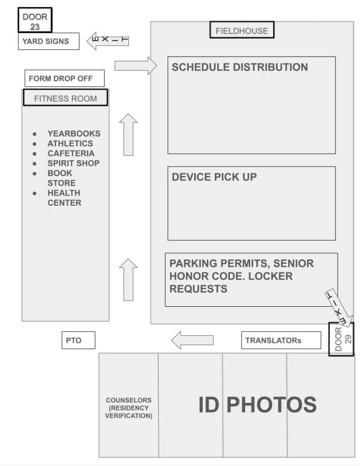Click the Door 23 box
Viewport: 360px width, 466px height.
pos(35,20)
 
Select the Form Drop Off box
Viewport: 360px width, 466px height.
pos(65,78)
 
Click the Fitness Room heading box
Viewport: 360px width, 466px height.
pos(66,97)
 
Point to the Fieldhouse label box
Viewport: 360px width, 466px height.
pos(242,30)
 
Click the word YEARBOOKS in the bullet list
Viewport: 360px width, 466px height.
pos(74,133)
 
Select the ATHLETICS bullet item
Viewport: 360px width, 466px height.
pos(70,143)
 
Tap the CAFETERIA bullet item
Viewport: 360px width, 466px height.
pos(71,153)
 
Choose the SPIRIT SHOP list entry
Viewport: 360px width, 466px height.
pos(73,163)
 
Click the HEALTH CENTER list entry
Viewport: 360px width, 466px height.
pos(64,198)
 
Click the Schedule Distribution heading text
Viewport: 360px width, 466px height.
pos(240,67)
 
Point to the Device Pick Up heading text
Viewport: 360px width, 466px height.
pos(214,177)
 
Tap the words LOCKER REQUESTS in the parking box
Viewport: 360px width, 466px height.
pos(231,283)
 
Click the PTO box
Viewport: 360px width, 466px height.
pos(78,340)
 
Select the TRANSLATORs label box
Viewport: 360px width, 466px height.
pos(281,340)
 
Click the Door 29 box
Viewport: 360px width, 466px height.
pos(341,339)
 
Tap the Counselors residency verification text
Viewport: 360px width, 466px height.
pos(129,408)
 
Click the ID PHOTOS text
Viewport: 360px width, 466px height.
pos(258,405)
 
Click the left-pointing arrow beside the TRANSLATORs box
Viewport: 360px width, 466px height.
pos(193,340)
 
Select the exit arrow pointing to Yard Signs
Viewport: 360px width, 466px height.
pos(107,41)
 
